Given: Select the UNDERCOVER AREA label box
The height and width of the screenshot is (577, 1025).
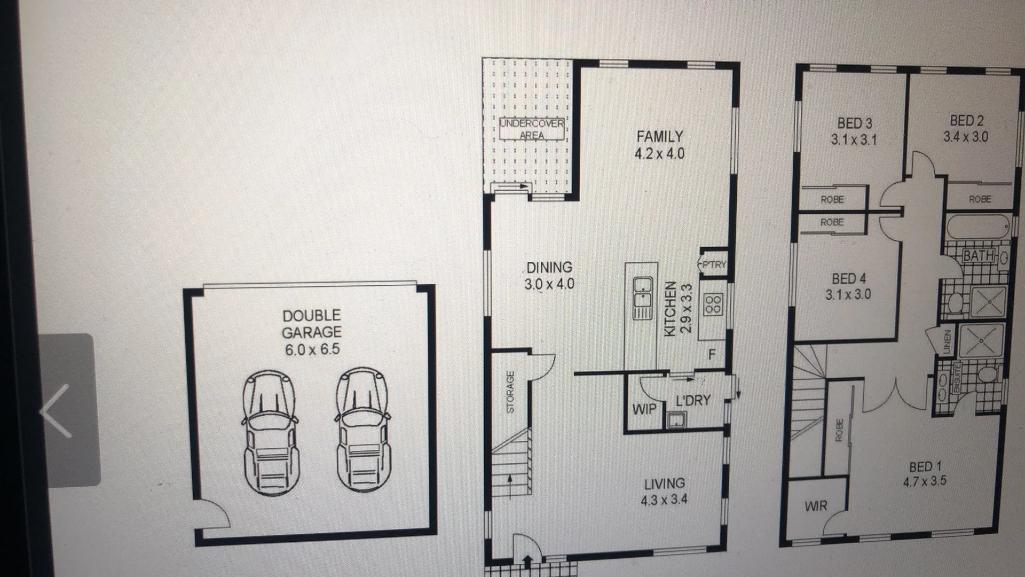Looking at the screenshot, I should tap(532, 129).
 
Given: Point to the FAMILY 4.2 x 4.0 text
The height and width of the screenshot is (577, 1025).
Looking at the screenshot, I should tap(660, 145).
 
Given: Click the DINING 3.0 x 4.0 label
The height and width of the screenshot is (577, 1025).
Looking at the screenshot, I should tap(549, 276).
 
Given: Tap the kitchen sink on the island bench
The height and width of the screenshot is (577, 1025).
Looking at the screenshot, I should tap(643, 298).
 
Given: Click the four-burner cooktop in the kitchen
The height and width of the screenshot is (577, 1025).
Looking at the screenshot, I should tap(714, 304).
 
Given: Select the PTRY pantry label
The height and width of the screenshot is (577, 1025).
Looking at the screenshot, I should tap(714, 264).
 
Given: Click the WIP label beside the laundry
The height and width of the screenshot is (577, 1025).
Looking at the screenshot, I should tap(644, 410).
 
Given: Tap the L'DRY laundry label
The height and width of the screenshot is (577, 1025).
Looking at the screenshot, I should tap(693, 400).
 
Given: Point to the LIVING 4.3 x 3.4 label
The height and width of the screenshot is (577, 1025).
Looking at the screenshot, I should tap(664, 492).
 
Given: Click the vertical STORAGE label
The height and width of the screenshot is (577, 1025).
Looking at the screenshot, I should tap(510, 392).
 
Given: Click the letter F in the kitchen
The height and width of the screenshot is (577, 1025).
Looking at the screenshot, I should tap(711, 355).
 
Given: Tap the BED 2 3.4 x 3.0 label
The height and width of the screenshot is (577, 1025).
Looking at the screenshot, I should tap(966, 128).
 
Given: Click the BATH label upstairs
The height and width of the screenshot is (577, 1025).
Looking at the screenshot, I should tap(979, 256).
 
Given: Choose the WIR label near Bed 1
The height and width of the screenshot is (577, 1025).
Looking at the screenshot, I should tap(816, 505).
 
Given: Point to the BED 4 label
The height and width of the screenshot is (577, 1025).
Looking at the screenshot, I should tap(848, 286).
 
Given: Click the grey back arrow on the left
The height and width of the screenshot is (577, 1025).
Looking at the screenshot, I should tap(56, 410).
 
